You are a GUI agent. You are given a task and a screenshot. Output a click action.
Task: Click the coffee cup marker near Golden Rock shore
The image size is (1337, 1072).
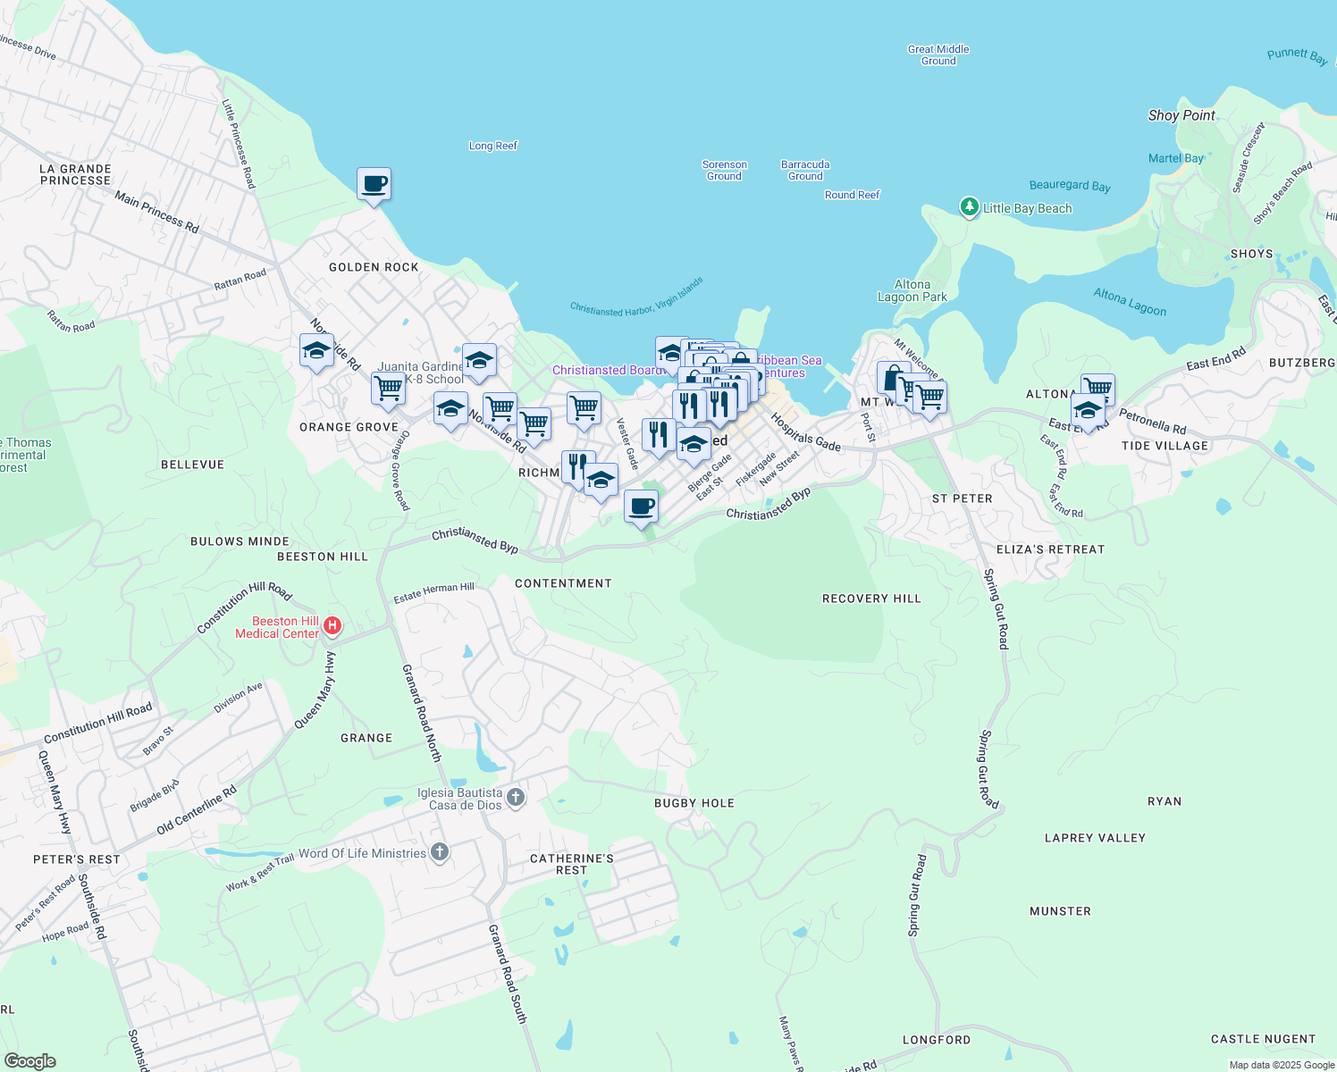(374, 184)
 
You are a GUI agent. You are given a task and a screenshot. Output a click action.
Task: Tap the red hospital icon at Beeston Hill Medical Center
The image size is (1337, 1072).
(332, 625)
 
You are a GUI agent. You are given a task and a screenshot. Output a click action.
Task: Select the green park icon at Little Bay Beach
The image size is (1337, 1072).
(969, 207)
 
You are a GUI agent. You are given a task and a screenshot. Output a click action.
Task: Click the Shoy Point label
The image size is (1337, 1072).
(1181, 115)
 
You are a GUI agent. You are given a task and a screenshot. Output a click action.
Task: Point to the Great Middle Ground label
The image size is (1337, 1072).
(938, 55)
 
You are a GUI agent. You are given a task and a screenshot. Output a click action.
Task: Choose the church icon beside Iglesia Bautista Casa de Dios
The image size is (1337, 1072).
(516, 797)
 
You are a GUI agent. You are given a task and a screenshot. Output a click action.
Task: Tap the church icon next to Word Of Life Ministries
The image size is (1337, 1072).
(439, 851)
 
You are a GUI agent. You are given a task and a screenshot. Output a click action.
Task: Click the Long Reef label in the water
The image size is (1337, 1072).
(493, 146)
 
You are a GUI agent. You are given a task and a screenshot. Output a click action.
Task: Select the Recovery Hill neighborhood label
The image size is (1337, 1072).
(871, 599)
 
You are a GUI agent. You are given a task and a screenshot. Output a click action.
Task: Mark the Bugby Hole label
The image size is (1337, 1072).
(694, 803)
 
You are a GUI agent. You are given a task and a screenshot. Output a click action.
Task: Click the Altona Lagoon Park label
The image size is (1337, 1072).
(912, 290)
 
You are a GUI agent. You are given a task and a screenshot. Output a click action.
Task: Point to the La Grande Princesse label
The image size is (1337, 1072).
(76, 174)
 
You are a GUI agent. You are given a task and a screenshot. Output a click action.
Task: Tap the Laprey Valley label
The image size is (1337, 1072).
(1095, 838)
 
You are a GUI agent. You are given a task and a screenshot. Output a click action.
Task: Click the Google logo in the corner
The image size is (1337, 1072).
(29, 1061)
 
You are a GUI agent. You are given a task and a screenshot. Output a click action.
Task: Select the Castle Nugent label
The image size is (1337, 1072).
(1263, 1039)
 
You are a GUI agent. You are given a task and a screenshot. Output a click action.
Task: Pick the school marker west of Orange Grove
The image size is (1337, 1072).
(316, 350)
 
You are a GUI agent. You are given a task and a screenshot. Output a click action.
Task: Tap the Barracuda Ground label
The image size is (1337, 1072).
(805, 170)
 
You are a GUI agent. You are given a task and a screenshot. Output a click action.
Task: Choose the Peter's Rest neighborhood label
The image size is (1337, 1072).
(77, 859)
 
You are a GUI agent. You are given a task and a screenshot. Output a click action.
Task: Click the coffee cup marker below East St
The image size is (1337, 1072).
(641, 507)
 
